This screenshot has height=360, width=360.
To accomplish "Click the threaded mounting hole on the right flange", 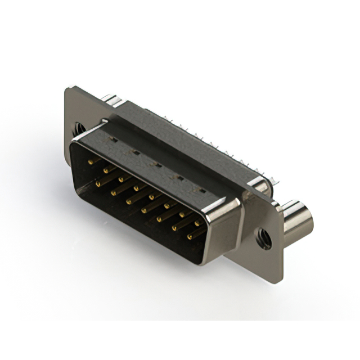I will point(263,238).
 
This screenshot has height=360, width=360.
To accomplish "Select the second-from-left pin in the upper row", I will point(106,170).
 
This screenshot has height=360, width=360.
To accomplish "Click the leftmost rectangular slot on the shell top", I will point(113,138).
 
